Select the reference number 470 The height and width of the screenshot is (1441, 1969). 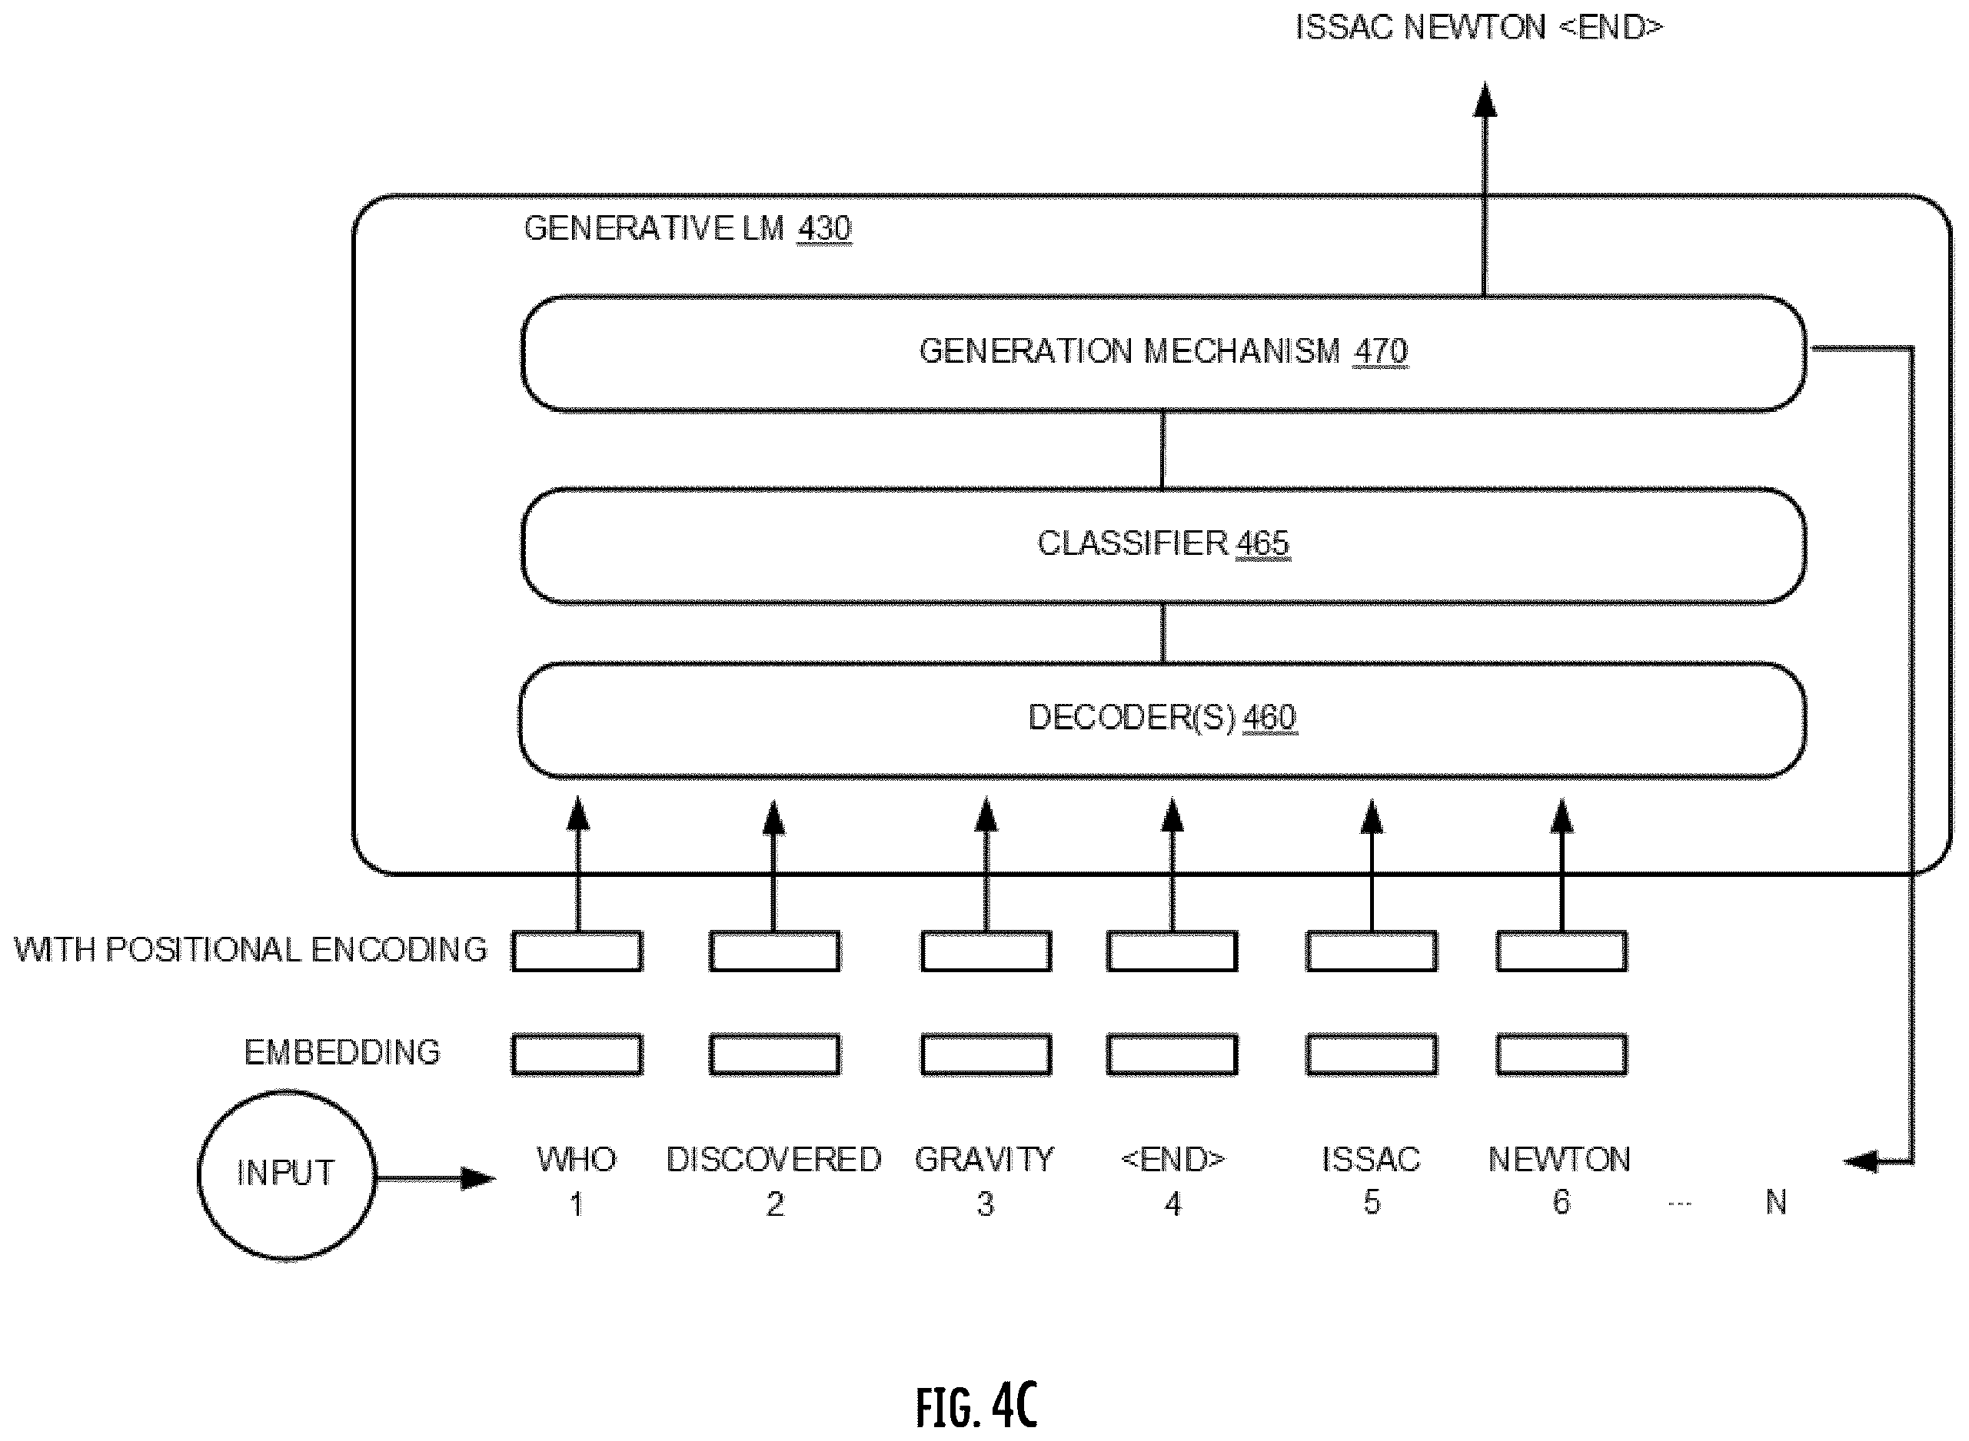pyautogui.click(x=1381, y=350)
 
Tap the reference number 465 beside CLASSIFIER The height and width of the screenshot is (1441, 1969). pyautogui.click(x=1262, y=543)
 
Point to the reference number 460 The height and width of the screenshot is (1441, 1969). pyautogui.click(x=1269, y=718)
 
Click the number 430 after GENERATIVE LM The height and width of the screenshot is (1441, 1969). pyautogui.click(x=824, y=228)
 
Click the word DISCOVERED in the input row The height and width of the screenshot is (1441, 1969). pyautogui.click(x=773, y=1159)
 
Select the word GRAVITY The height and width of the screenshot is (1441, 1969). pyautogui.click(x=984, y=1159)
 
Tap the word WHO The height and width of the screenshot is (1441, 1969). pyautogui.click(x=577, y=1159)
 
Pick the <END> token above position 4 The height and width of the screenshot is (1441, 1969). pyautogui.click(x=1172, y=1159)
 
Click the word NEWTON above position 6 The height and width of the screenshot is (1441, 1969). pyautogui.click(x=1560, y=1159)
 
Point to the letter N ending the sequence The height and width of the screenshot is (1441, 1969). pyautogui.click(x=1775, y=1202)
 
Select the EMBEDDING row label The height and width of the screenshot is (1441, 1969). pyautogui.click(x=342, y=1052)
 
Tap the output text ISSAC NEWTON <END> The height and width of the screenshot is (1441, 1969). pyautogui.click(x=1479, y=28)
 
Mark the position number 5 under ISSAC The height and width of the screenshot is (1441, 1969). pyautogui.click(x=1372, y=1202)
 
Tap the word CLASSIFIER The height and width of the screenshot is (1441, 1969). pyautogui.click(x=1133, y=543)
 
